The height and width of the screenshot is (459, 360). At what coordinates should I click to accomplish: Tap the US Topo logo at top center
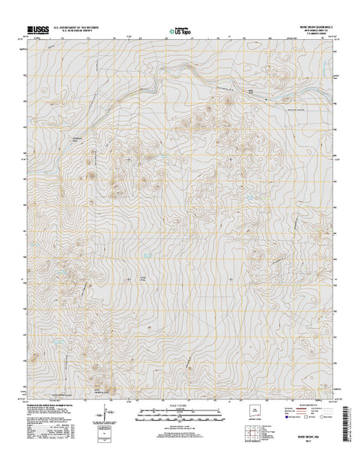coord(180,32)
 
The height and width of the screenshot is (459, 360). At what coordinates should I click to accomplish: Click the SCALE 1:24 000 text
coord(180,403)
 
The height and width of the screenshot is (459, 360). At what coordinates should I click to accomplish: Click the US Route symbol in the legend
coord(293,418)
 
